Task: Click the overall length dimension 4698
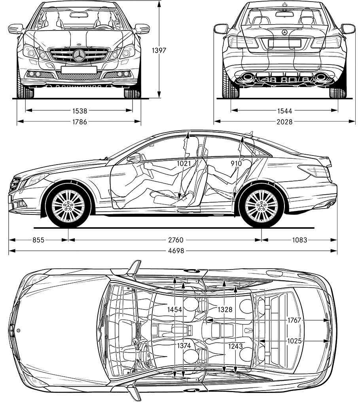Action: [176, 250]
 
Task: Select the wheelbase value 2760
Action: [176, 240]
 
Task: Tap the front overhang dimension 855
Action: [38, 240]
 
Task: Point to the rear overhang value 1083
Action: [299, 240]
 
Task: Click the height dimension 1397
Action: [159, 50]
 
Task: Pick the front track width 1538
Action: [80, 111]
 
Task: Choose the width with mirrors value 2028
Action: [284, 122]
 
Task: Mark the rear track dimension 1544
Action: [284, 111]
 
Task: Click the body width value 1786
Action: [80, 122]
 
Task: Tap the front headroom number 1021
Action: [184, 163]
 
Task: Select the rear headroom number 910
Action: [236, 163]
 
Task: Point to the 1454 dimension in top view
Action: [174, 309]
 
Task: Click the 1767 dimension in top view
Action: [294, 320]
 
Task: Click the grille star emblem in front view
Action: [79, 55]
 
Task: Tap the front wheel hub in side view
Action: [68, 206]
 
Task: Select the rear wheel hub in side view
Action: [261, 206]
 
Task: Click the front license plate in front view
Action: [79, 69]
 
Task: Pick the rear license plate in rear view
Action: [284, 43]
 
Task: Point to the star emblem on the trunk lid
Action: [284, 32]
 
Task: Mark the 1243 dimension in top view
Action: [235, 346]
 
